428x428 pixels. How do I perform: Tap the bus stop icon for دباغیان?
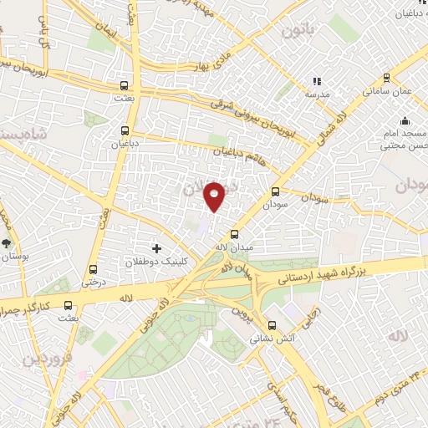tap(125, 130)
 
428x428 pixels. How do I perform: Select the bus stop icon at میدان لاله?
tap(234, 234)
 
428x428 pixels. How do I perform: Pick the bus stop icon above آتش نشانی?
tap(271, 326)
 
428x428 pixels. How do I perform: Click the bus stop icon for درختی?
tap(92, 269)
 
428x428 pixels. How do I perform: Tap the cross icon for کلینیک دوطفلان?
tap(156, 248)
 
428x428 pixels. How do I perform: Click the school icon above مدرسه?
tap(316, 82)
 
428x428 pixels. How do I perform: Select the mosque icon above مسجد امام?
tap(405, 120)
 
